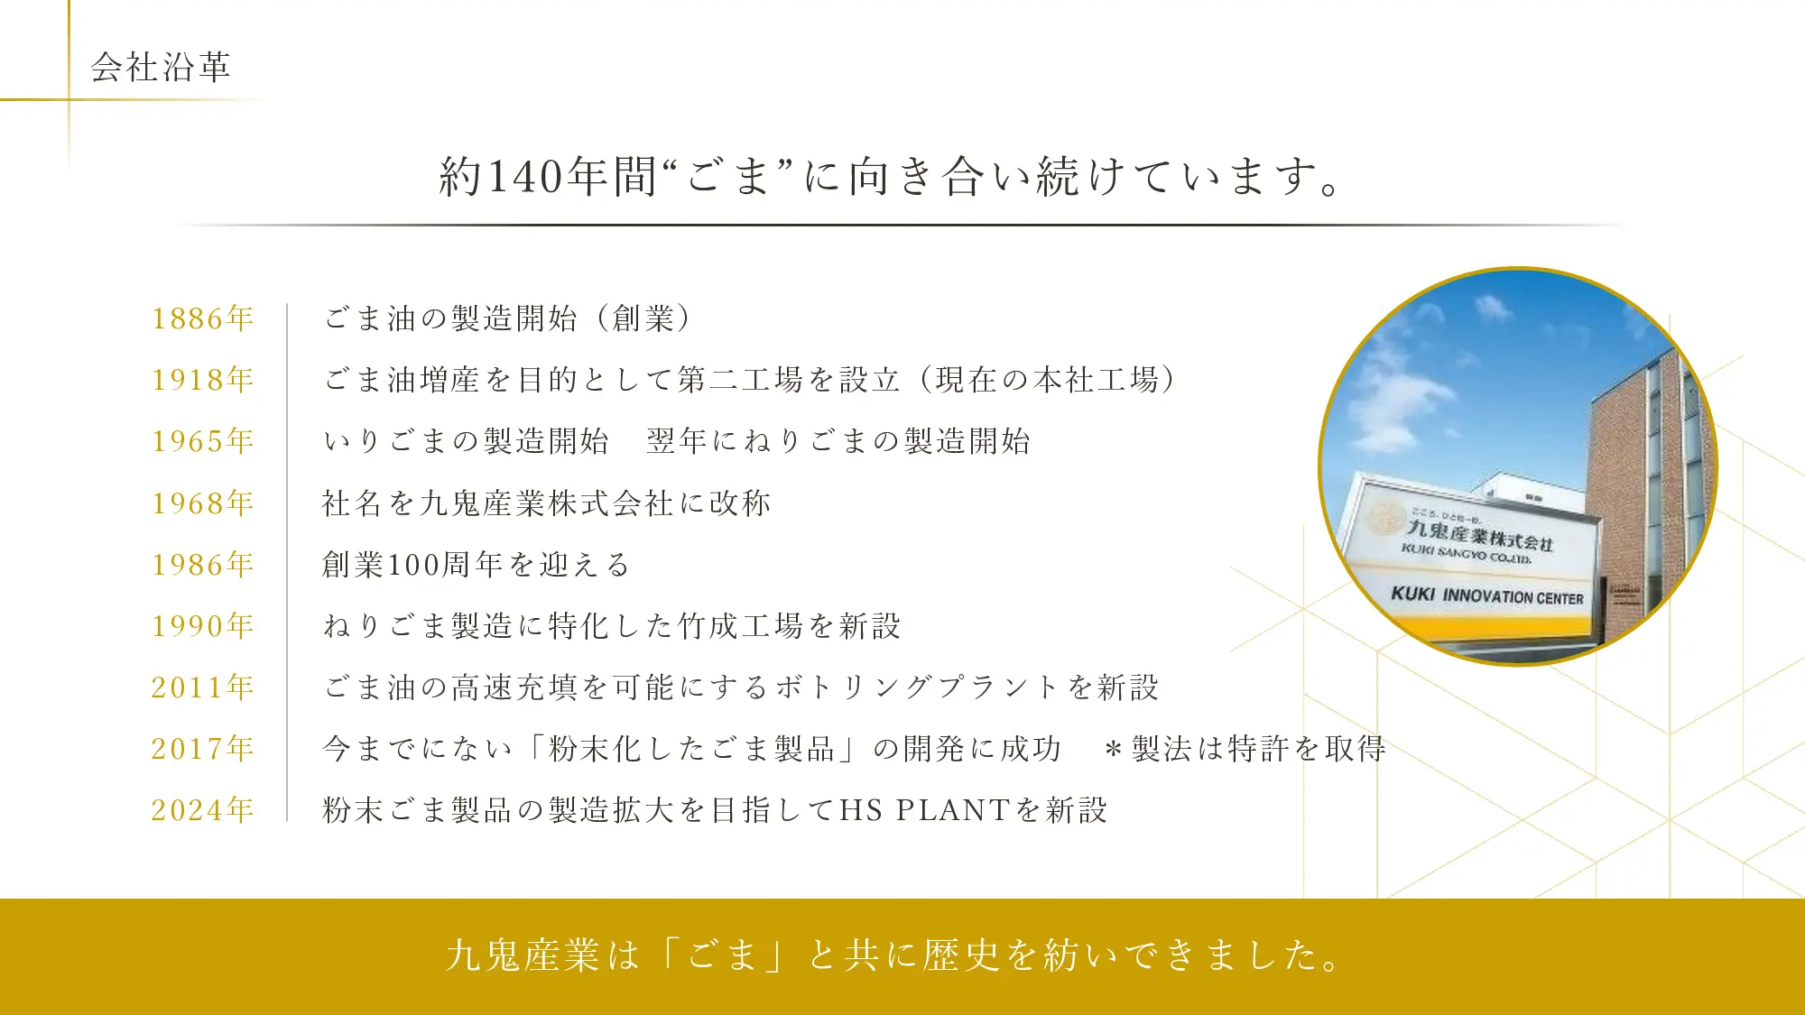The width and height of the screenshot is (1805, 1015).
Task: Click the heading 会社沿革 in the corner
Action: tap(161, 67)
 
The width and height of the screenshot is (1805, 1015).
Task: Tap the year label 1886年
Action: tap(203, 318)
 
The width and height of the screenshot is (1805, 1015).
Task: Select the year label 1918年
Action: tap(203, 380)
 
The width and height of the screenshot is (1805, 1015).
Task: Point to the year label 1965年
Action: tap(203, 441)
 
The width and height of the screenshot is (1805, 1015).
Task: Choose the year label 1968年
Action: tap(203, 503)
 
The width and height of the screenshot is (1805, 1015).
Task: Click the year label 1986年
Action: tap(203, 565)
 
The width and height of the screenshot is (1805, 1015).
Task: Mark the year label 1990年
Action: tap(203, 626)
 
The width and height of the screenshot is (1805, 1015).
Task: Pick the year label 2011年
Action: tap(203, 687)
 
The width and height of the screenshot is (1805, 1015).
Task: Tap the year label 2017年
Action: tap(203, 749)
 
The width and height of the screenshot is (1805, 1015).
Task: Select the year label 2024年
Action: tap(203, 810)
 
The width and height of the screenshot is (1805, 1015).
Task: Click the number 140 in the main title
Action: tap(526, 176)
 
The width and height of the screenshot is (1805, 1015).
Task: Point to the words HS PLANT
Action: tap(924, 810)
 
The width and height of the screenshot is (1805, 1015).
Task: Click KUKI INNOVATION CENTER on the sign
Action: tap(1487, 595)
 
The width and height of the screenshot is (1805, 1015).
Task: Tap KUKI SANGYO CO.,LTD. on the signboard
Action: tap(1467, 554)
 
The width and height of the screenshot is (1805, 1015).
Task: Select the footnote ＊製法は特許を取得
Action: tap(1245, 749)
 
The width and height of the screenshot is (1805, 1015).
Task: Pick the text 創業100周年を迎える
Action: tap(476, 565)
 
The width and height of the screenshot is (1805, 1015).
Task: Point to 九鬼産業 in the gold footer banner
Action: tap(523, 955)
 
